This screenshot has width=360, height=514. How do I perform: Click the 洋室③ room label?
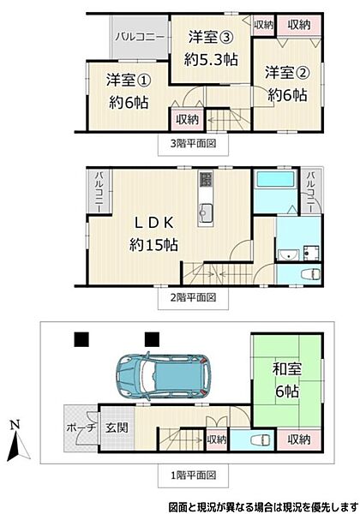pos(211,38)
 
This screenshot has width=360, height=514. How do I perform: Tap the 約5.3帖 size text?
pos(211,60)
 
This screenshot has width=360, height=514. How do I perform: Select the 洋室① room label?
pos(129,80)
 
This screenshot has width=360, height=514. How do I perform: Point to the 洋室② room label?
pos(287,73)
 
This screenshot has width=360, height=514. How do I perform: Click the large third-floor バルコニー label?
pos(140,37)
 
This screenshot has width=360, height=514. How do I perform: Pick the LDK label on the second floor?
pos(154,223)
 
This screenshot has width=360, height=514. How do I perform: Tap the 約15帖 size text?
pos(153,244)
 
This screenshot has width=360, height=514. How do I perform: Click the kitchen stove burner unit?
pos(206,179)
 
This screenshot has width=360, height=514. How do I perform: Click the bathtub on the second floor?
pos(275,179)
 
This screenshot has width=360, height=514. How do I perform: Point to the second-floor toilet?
pos(310,273)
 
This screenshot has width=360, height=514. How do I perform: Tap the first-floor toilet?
pos(260,440)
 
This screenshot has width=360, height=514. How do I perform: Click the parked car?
pos(164,376)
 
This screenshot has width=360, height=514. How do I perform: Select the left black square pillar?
pos(81,339)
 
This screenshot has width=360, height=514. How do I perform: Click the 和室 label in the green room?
pos(287,369)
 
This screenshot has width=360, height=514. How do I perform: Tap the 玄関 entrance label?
pos(117,427)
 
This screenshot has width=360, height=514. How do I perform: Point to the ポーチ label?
pos(81,427)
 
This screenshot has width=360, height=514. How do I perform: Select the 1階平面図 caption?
pos(193,475)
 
